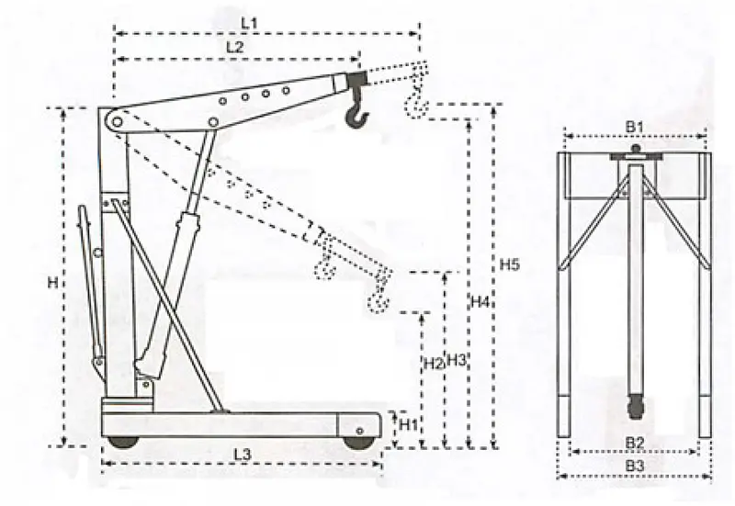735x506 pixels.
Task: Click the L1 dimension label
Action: coord(249,22)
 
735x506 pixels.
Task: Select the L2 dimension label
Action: coord(235,47)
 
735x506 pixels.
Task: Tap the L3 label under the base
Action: coord(243,454)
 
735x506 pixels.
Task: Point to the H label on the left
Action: coord(53,282)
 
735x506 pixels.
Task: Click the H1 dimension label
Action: coord(408,425)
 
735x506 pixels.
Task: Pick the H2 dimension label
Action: coord(433,363)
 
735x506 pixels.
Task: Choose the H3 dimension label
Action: coord(456,360)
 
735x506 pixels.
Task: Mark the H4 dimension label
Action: coord(480,302)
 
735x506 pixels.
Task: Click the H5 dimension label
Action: coord(509,264)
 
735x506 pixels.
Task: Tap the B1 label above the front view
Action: coord(635,127)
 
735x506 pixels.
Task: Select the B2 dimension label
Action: coord(635,443)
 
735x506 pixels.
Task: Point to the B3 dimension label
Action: coord(635,467)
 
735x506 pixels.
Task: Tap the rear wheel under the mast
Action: coord(123,442)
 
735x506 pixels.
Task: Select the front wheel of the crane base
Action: coord(359,443)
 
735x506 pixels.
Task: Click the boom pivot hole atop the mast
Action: coord(118,122)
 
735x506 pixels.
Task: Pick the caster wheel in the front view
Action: coord(635,407)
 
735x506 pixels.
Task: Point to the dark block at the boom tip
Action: coord(356,78)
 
